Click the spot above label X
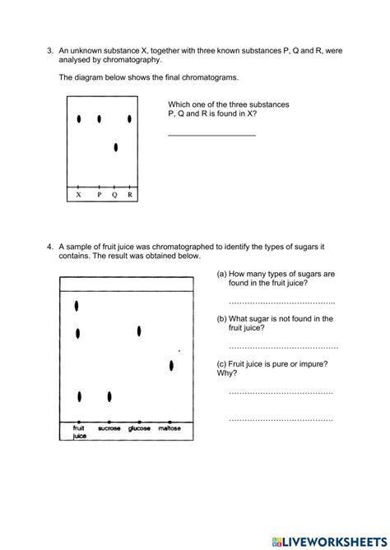tap(79, 119)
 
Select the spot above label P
tap(99, 119)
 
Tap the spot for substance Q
tap(116, 148)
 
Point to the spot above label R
tap(129, 119)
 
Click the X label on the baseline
tap(78, 195)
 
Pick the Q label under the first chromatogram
tap(114, 195)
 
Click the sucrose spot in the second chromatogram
tap(109, 397)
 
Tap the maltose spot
tap(171, 366)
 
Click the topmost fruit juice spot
tap(77, 306)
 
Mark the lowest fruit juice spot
tap(79, 397)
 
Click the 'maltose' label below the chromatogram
tap(169, 429)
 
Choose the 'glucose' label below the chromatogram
tap(139, 429)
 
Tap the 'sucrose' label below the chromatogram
tap(109, 429)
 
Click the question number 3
tap(49, 51)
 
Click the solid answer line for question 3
tap(211, 135)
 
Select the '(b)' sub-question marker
tap(222, 318)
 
